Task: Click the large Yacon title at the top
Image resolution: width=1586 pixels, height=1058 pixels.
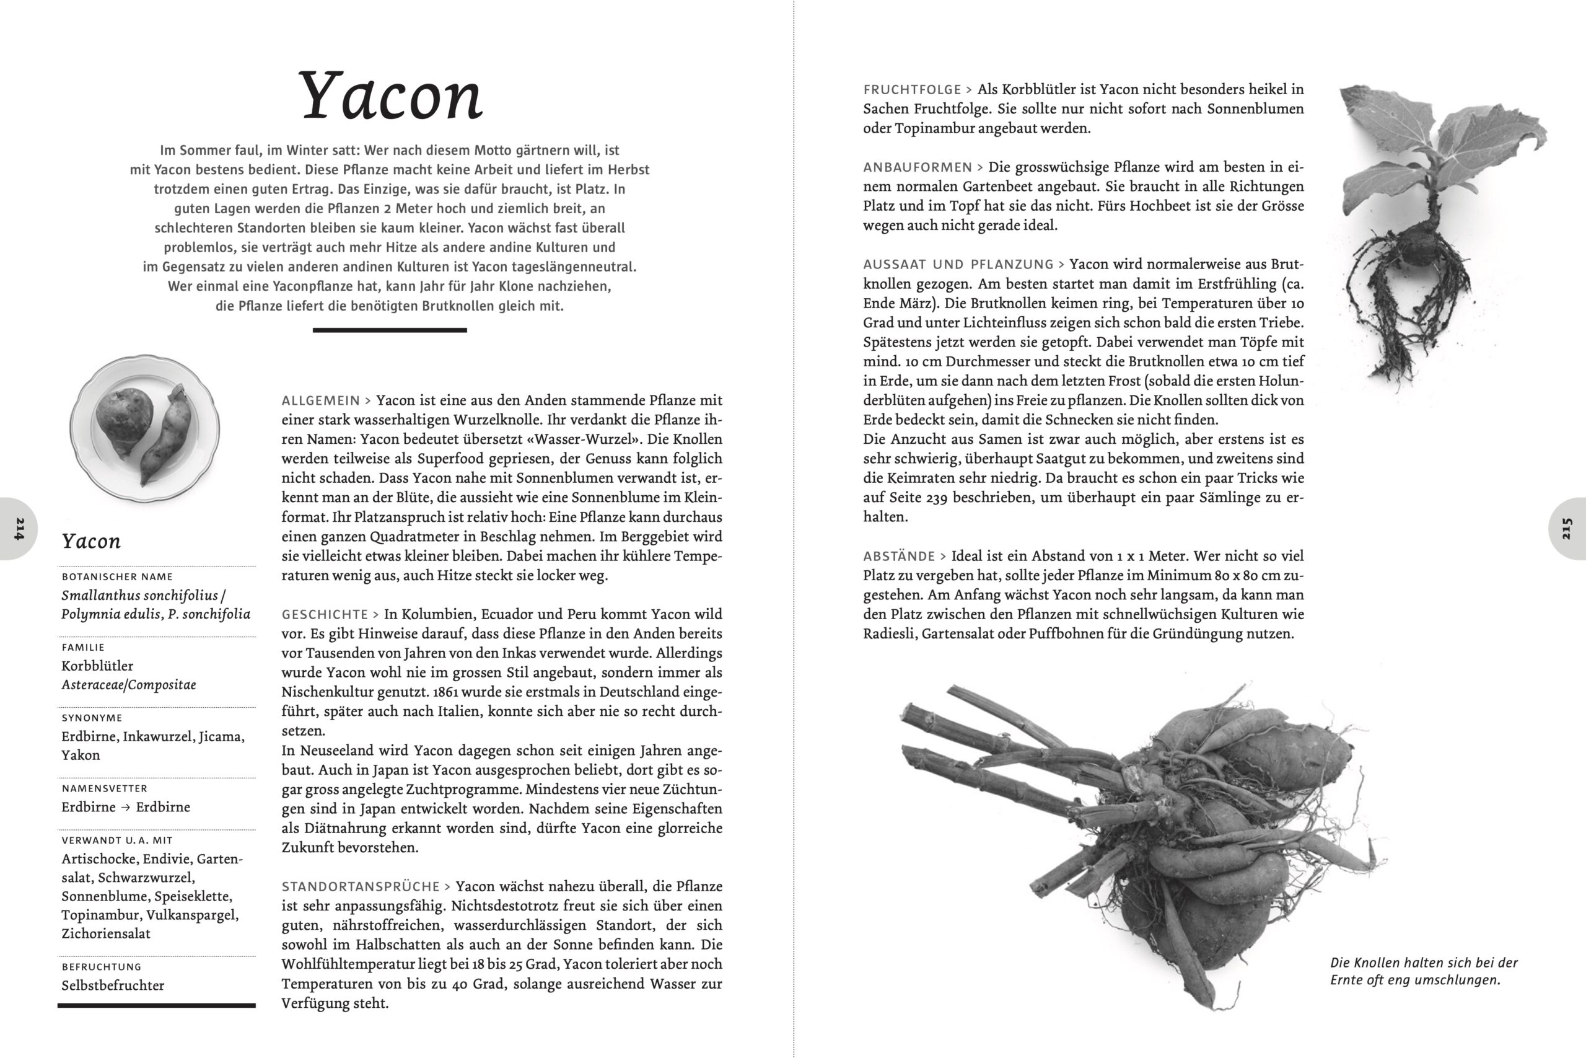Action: (x=390, y=96)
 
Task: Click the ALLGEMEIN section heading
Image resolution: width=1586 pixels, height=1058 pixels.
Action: (x=320, y=401)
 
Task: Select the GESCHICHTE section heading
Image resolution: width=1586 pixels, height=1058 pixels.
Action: (x=325, y=615)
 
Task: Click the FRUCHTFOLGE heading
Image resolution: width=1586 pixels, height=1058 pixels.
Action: (x=912, y=90)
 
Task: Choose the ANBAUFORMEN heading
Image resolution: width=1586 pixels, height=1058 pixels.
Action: (x=917, y=167)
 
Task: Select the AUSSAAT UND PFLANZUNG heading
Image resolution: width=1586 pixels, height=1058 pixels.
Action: (x=958, y=265)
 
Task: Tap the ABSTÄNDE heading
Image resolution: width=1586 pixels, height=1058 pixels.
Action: (x=899, y=557)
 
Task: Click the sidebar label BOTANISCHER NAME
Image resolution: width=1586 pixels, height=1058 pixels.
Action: (x=117, y=577)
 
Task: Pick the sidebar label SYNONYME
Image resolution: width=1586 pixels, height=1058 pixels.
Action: (x=92, y=718)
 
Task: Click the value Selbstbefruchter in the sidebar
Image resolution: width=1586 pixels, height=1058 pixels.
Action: (x=113, y=985)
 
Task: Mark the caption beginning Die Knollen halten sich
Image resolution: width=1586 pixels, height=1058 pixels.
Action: (x=1424, y=971)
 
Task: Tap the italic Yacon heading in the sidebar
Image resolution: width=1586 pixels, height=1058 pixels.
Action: (x=91, y=541)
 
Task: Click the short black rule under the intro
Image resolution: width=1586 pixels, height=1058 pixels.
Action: (x=389, y=330)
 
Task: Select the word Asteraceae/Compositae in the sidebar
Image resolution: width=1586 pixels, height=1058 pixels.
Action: (x=129, y=685)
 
